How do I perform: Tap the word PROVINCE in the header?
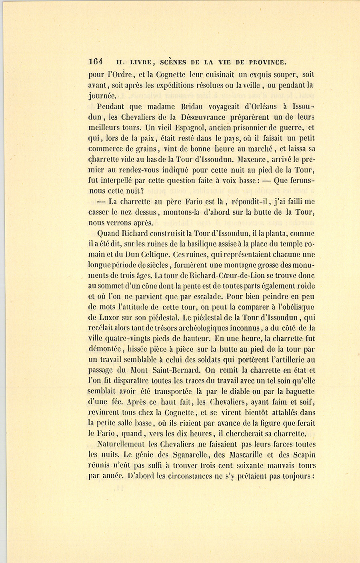(x=268, y=62)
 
